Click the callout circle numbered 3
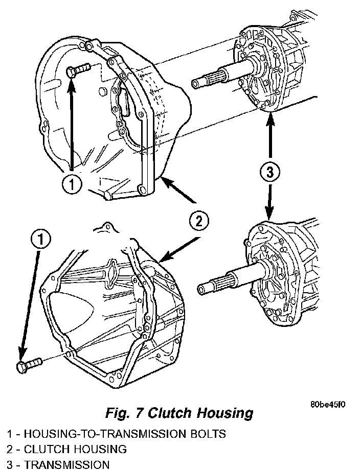tap(269, 173)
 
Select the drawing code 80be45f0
tap(328, 405)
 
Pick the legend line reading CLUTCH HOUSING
tap(67, 450)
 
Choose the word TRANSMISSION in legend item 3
tap(66, 465)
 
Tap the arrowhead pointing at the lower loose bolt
tap(21, 358)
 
